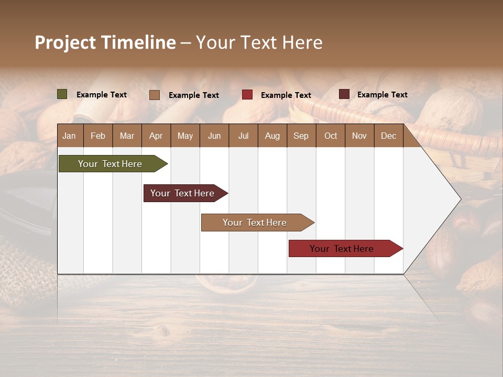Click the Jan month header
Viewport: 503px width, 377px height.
click(x=69, y=136)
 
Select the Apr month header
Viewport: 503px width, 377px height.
click(x=156, y=136)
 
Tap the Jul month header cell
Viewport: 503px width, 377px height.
click(x=243, y=136)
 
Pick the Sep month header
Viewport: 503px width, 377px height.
click(x=301, y=136)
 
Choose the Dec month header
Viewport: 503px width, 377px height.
click(x=388, y=136)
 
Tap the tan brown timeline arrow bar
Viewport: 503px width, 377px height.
click(x=255, y=223)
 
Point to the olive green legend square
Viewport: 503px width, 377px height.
click(x=62, y=94)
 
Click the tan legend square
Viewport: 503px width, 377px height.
click(x=154, y=95)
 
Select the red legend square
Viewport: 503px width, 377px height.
click(x=247, y=95)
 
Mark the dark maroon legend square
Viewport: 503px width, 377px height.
click(x=344, y=94)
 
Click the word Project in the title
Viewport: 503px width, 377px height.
click(x=65, y=42)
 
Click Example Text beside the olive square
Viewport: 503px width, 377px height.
click(x=102, y=95)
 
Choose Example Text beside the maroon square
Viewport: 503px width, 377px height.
click(x=382, y=95)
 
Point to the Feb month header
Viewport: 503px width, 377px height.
click(x=98, y=136)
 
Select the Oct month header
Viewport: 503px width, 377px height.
click(x=331, y=136)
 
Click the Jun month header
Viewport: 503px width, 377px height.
click(x=214, y=136)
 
